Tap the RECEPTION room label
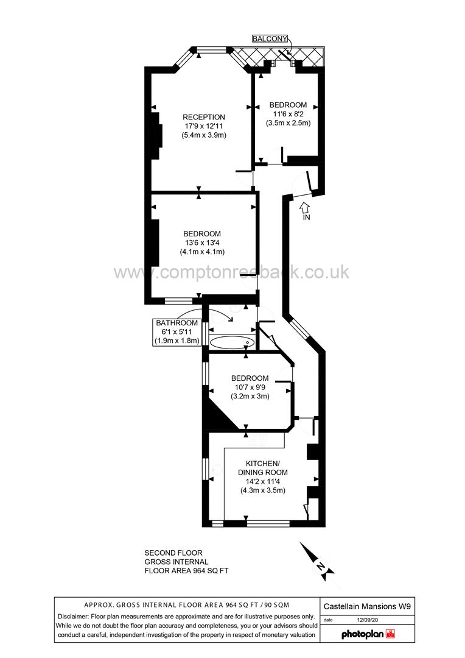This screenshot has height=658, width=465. [204, 117]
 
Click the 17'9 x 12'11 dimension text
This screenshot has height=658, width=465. [204, 126]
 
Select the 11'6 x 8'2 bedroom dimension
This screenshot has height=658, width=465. [288, 113]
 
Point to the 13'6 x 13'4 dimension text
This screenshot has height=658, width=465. [203, 242]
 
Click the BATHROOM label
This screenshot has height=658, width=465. [177, 323]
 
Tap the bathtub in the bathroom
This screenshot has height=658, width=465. [230, 342]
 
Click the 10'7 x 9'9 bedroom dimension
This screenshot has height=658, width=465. [250, 387]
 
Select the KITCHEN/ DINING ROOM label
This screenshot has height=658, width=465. [263, 467]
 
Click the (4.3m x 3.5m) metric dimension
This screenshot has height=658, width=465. [263, 490]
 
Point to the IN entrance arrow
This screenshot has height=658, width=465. [306, 210]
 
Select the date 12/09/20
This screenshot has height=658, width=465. [368, 620]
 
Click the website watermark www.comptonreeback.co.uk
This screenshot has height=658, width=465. [232, 271]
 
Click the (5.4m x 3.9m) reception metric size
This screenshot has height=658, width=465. [204, 135]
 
